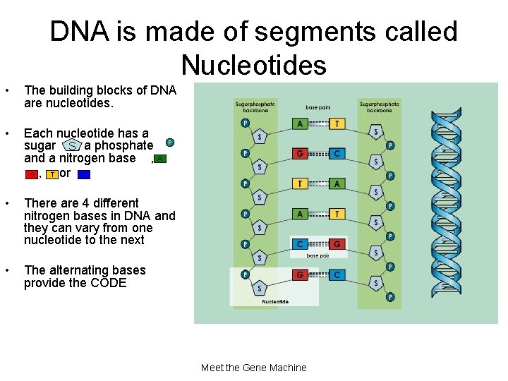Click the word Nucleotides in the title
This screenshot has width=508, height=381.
click(x=253, y=65)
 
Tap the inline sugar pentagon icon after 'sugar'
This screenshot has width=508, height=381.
click(x=72, y=146)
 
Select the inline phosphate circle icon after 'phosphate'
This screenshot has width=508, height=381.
click(x=170, y=143)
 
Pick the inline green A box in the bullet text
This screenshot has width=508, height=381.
click(x=161, y=159)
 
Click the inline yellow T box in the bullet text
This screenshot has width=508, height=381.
click(x=52, y=174)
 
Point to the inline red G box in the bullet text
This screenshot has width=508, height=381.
click(x=32, y=174)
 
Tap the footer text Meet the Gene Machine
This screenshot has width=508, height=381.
click(x=253, y=368)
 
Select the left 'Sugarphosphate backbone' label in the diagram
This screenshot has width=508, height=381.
click(x=255, y=107)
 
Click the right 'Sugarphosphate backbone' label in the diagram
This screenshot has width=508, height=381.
click(x=379, y=107)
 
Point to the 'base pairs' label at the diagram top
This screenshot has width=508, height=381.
click(x=317, y=108)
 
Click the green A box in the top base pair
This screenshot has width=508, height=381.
click(x=301, y=123)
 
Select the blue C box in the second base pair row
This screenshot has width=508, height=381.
click(x=338, y=153)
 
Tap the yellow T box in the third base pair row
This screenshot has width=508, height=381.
click(x=301, y=183)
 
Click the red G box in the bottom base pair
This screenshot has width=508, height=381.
click(x=301, y=274)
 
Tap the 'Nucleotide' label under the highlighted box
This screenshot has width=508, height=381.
click(x=274, y=301)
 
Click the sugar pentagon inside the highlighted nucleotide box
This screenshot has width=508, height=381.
click(x=260, y=288)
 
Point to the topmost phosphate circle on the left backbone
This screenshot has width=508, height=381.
click(x=245, y=122)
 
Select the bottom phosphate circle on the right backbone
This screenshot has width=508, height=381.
click(x=390, y=297)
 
